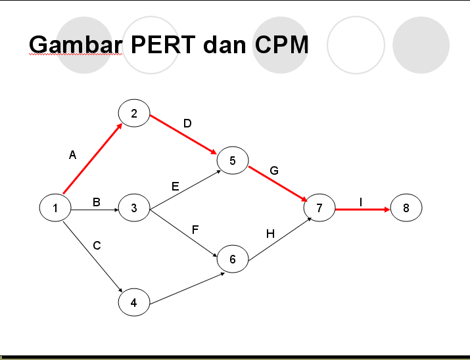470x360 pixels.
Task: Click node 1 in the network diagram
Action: click(x=55, y=208)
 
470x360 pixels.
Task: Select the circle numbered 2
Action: click(x=134, y=114)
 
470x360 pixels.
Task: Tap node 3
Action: click(x=134, y=208)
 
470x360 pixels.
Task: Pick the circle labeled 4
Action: click(x=134, y=303)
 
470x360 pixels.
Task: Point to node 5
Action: click(x=232, y=160)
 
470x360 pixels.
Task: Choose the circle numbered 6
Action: click(x=232, y=259)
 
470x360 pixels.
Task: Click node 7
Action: click(x=319, y=208)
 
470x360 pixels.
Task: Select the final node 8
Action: click(x=406, y=208)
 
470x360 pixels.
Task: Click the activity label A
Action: click(x=72, y=156)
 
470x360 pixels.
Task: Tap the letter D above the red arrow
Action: click(x=187, y=124)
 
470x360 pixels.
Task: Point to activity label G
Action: click(x=274, y=171)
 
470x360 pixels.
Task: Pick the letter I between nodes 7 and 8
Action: click(x=361, y=201)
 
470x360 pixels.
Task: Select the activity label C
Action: click(x=97, y=246)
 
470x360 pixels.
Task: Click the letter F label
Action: click(x=195, y=230)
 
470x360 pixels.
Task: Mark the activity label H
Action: click(x=270, y=233)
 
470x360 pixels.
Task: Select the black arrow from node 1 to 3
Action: click(x=95, y=210)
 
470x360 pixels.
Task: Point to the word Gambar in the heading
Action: click(x=76, y=45)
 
